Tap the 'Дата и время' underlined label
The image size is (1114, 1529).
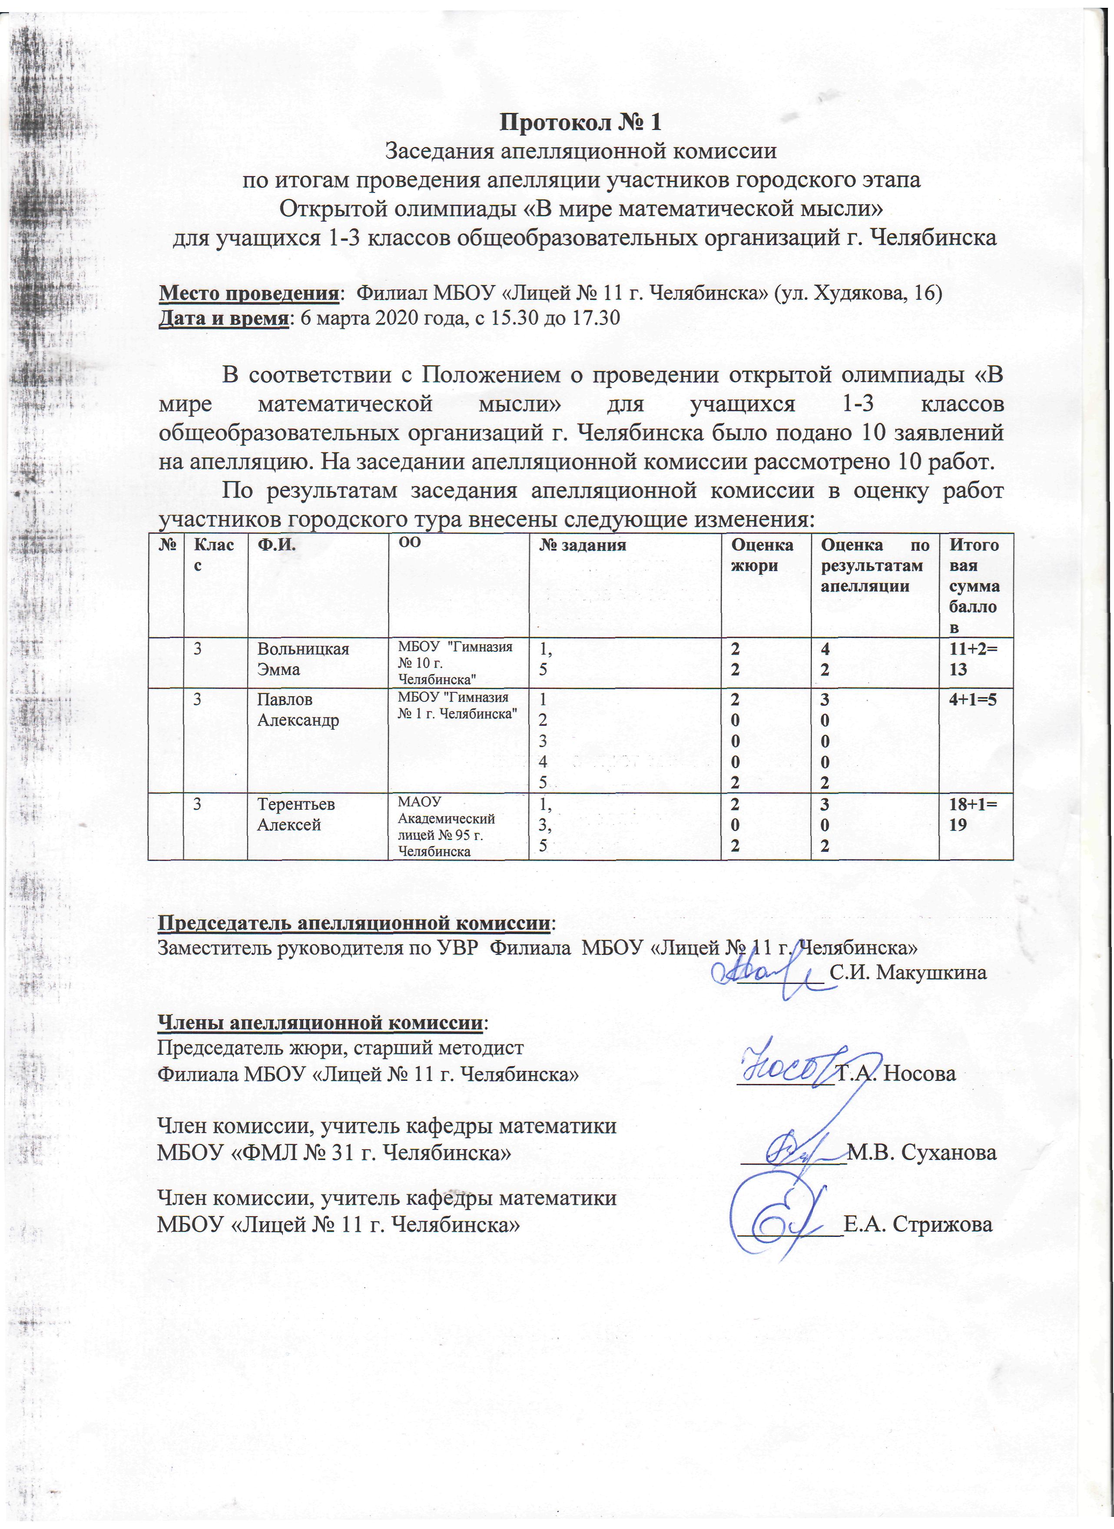tap(222, 318)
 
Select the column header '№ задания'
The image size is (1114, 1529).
tap(583, 545)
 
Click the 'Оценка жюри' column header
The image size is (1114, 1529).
tap(762, 555)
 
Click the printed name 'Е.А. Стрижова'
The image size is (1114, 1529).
tap(918, 1224)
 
